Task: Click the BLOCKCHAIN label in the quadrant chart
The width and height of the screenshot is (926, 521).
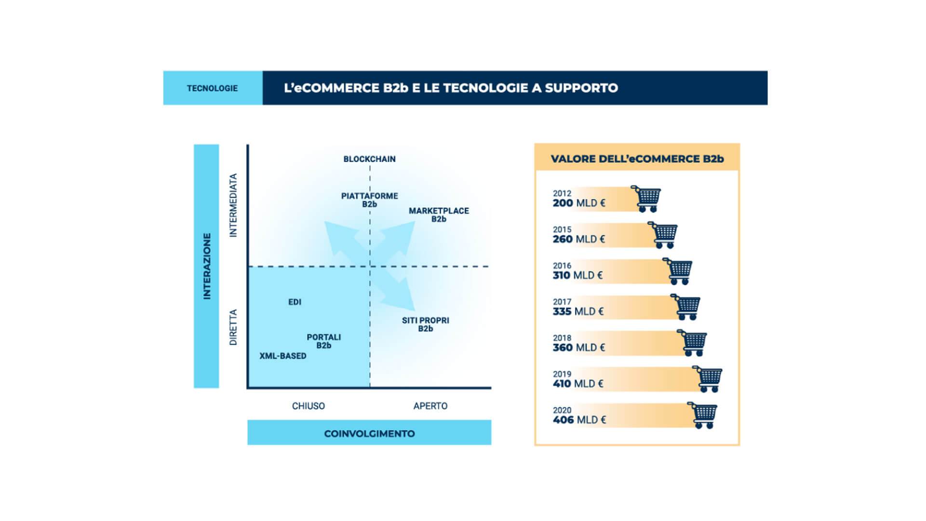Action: click(369, 159)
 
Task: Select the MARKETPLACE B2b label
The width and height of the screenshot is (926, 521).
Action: click(439, 215)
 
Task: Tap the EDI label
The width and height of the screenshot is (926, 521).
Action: click(295, 302)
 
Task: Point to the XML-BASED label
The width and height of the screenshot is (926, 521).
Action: click(283, 356)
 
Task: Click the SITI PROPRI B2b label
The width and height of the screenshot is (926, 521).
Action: click(426, 324)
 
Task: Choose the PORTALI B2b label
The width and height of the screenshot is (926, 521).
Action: click(324, 341)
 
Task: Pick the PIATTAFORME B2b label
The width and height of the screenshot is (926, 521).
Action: click(370, 200)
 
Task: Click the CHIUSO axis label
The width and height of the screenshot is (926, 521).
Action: click(309, 406)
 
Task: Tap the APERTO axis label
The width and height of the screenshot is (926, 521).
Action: click(430, 406)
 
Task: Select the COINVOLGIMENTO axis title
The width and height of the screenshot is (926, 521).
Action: click(369, 434)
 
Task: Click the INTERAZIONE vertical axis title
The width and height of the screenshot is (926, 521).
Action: click(207, 267)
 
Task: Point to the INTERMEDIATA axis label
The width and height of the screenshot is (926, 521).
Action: click(233, 205)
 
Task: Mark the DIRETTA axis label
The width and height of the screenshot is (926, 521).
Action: click(233, 327)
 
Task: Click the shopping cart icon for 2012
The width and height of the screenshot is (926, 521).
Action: click(646, 199)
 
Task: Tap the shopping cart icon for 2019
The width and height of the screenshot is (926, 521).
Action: click(707, 379)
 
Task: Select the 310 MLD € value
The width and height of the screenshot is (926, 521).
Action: click(577, 275)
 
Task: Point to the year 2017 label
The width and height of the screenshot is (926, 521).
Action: click(562, 302)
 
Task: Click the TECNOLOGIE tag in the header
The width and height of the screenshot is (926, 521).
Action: click(212, 88)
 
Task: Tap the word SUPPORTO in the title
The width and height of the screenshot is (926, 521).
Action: click(581, 88)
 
